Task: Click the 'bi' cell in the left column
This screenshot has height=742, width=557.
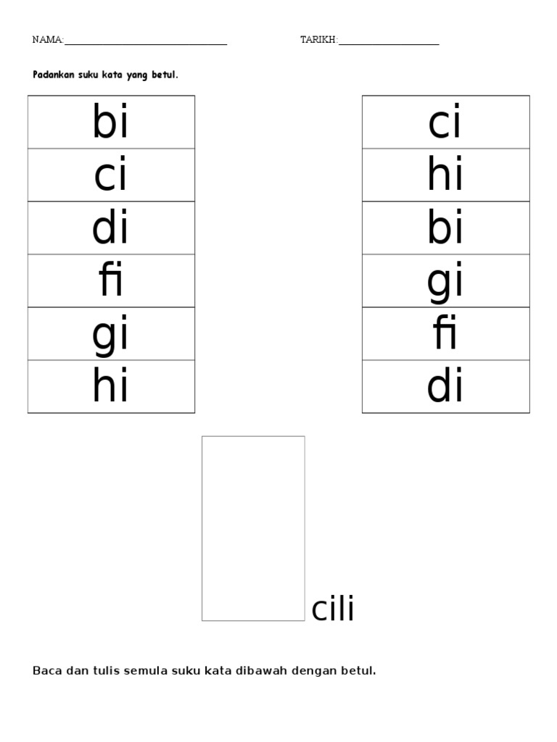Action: (x=111, y=122)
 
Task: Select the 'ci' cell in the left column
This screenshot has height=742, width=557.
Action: (x=111, y=175)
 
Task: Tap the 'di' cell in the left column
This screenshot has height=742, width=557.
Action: (x=111, y=228)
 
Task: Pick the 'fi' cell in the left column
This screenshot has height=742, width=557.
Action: (x=111, y=281)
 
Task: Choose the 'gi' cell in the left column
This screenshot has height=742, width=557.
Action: (x=111, y=334)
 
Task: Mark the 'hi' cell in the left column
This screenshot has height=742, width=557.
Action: (x=111, y=387)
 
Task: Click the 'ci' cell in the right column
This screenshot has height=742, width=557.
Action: (x=445, y=122)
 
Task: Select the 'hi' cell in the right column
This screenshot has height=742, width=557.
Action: (x=445, y=175)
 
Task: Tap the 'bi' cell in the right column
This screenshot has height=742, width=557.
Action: (x=445, y=228)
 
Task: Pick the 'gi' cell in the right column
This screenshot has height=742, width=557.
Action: (x=445, y=281)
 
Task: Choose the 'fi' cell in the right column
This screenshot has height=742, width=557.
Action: (x=445, y=334)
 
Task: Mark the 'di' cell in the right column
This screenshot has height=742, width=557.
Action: (x=445, y=387)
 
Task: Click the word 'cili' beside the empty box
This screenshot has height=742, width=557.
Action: (x=333, y=610)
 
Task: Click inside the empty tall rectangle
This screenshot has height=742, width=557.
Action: (x=253, y=528)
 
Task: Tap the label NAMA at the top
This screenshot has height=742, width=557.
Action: (x=47, y=40)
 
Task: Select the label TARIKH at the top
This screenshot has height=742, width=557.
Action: (x=318, y=40)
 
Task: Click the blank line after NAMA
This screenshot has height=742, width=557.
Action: (x=146, y=43)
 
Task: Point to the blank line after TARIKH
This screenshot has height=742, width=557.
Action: (x=389, y=43)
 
